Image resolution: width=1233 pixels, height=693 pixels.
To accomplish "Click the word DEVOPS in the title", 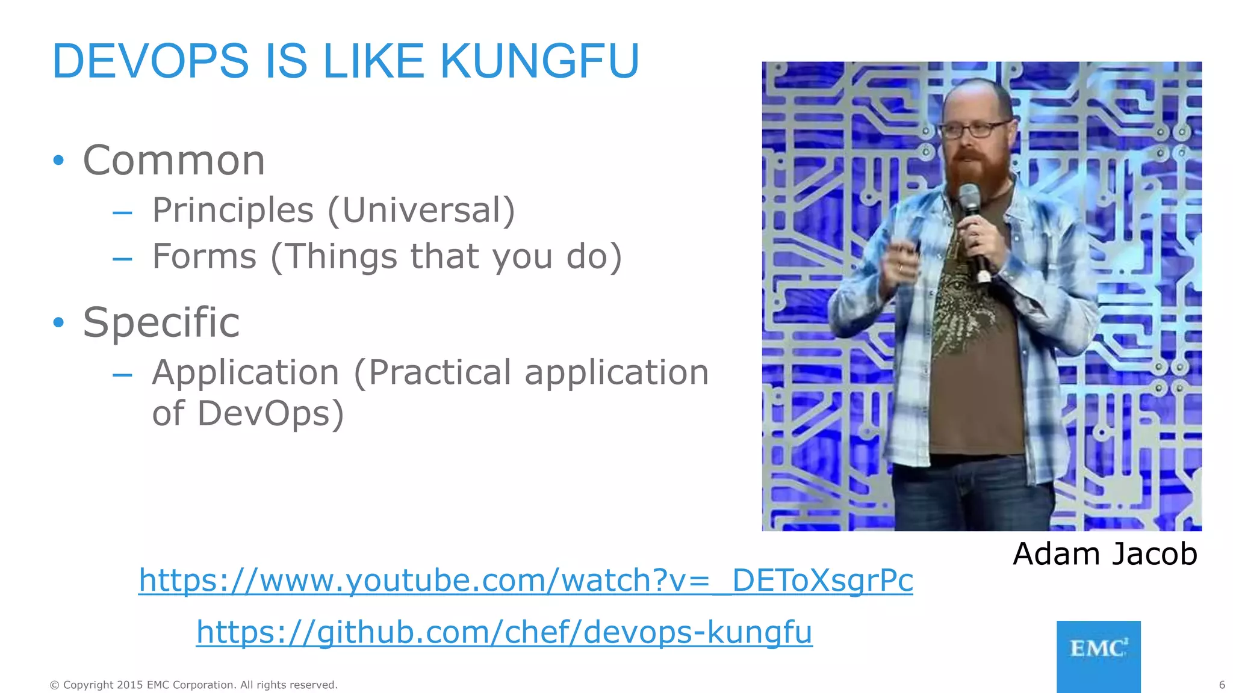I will pyautogui.click(x=151, y=61).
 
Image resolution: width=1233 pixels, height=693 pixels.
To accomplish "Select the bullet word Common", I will pyautogui.click(x=174, y=161).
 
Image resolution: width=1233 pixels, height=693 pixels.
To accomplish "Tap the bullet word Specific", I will pyautogui.click(x=161, y=322).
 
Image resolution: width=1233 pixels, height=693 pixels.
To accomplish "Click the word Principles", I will pyautogui.click(x=233, y=211).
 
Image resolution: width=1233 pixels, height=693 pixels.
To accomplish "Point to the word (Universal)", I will pyautogui.click(x=421, y=211).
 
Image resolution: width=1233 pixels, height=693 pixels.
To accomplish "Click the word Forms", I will pyautogui.click(x=205, y=257).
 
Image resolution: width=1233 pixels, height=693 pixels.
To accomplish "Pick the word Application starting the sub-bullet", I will pyautogui.click(x=246, y=373).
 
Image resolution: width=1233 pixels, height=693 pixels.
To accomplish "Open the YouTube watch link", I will pyautogui.click(x=526, y=581).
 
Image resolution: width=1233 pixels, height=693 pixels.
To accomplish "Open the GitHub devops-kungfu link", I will pyautogui.click(x=505, y=632).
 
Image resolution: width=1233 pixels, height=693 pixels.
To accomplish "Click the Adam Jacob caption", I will pyautogui.click(x=1105, y=553).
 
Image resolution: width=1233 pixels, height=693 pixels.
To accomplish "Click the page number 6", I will pyautogui.click(x=1222, y=685).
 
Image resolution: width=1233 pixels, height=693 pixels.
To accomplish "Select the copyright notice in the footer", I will pyautogui.click(x=194, y=685).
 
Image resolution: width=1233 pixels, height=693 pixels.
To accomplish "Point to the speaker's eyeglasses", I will pyautogui.click(x=974, y=129).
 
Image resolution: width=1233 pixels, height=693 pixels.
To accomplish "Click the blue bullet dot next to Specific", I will pyautogui.click(x=58, y=322).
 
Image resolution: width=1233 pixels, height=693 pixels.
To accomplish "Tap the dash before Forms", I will pyautogui.click(x=122, y=259).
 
